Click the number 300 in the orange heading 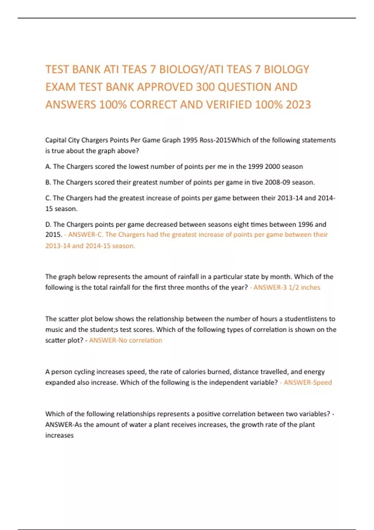(x=205, y=87)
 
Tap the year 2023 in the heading (x=298, y=105)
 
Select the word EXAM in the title (x=60, y=87)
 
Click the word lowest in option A (x=138, y=166)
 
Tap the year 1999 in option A (x=255, y=166)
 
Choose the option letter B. (x=48, y=182)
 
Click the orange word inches (x=310, y=287)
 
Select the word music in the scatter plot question (x=54, y=330)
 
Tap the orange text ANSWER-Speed (x=308, y=383)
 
